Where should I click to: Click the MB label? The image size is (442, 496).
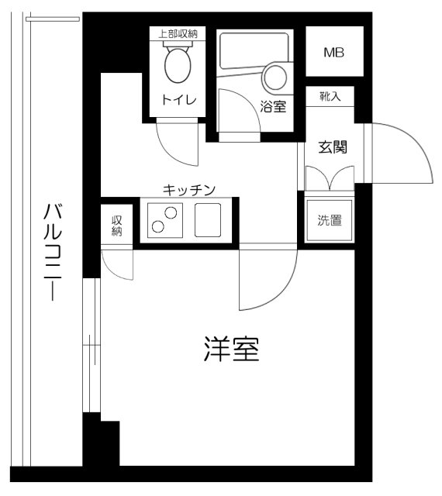[x=334, y=53]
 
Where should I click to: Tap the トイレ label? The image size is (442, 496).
[x=178, y=99]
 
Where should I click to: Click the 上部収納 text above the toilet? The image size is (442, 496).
[x=178, y=33]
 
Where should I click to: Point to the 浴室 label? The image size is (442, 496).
[x=274, y=108]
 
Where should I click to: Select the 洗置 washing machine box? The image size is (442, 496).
[x=330, y=220]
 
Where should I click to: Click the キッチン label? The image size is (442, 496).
[x=188, y=188]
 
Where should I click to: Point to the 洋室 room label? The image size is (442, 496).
[x=231, y=350]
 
